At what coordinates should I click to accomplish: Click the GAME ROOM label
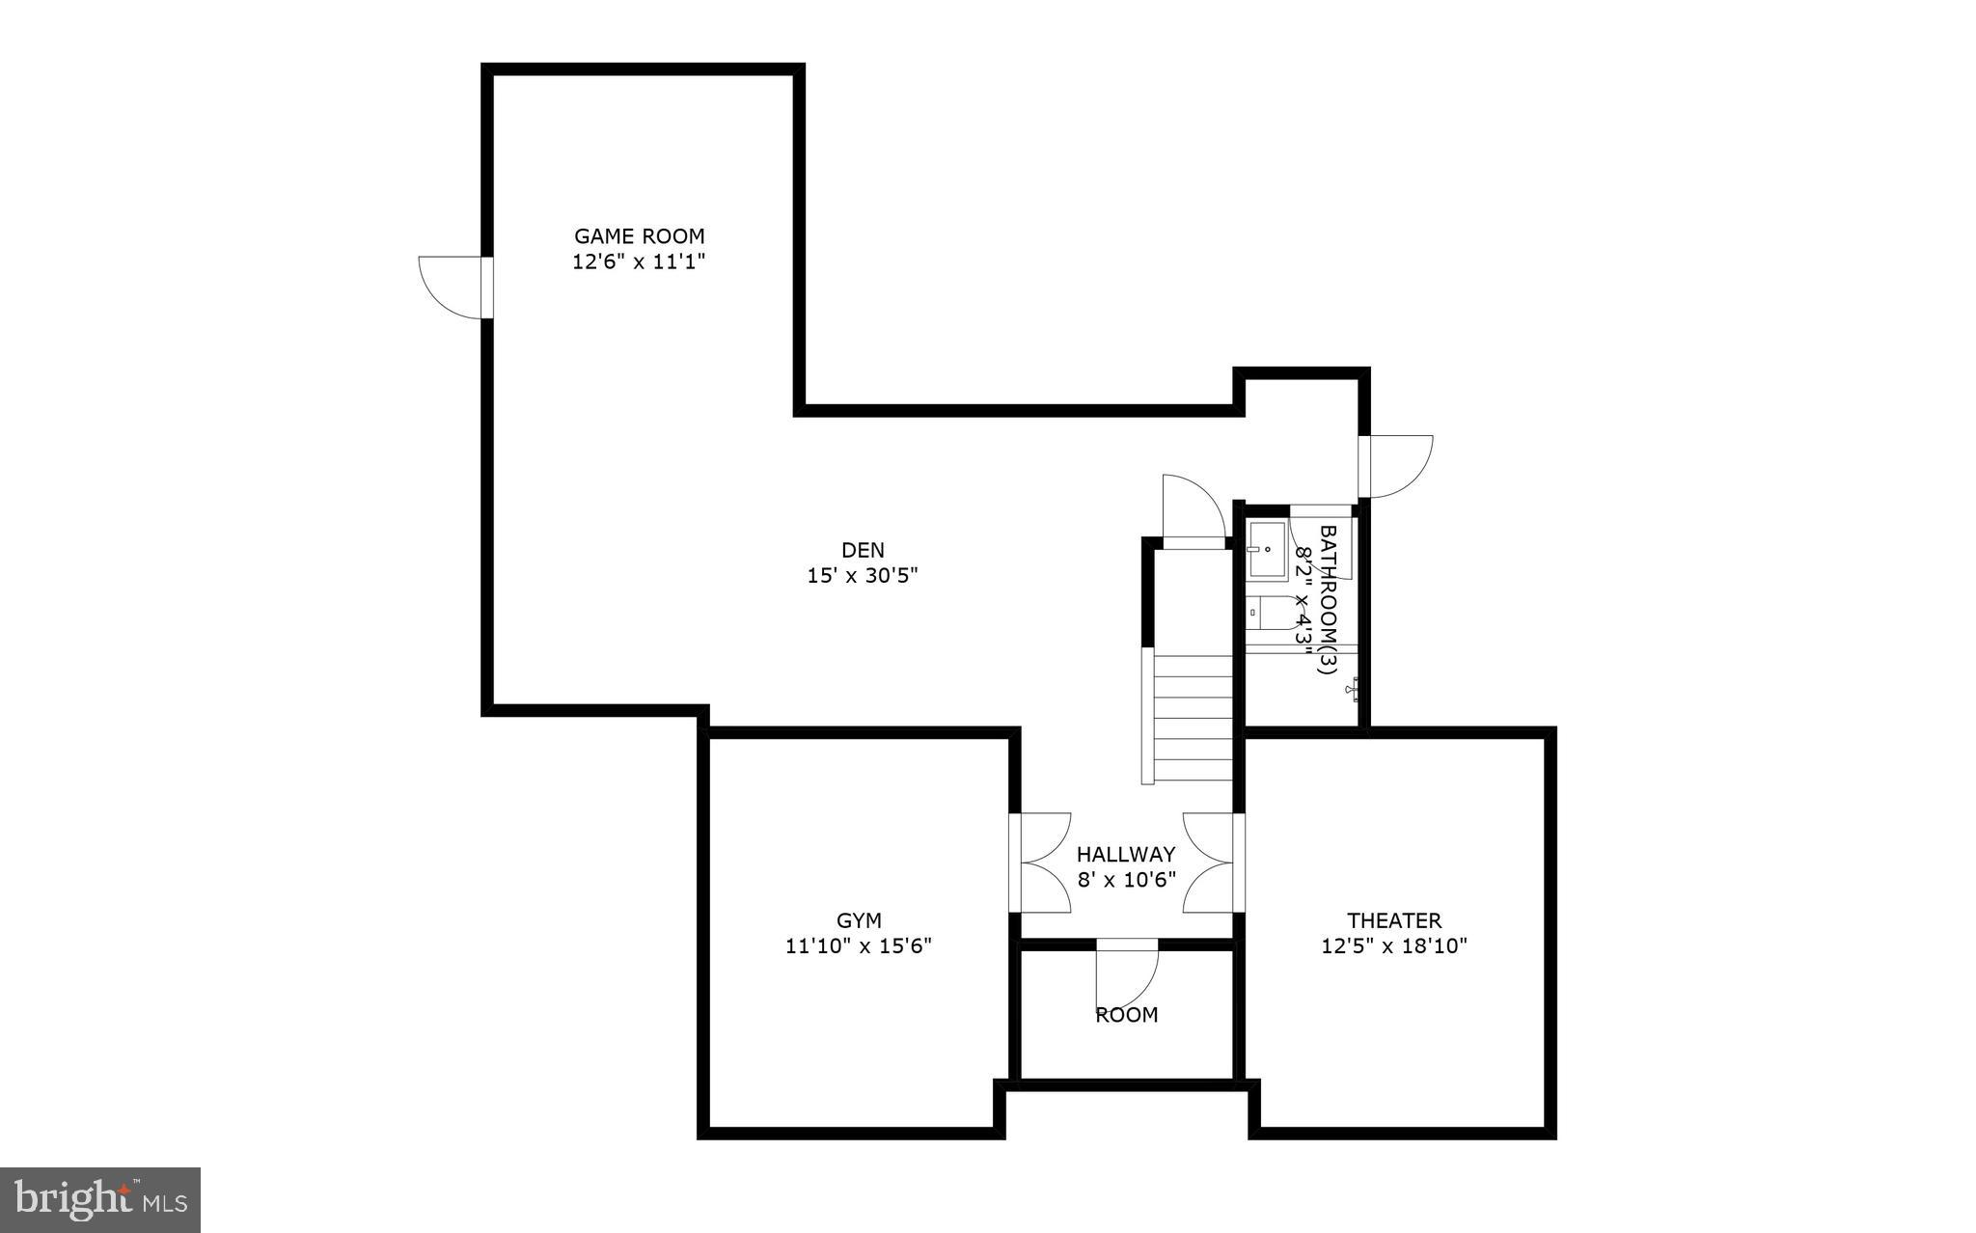(640, 235)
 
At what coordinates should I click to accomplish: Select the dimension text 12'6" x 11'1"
(640, 261)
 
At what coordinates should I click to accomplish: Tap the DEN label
(863, 550)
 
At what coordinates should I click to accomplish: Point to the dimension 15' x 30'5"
(863, 576)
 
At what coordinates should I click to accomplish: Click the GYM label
(859, 920)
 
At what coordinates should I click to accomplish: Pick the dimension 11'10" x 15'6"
(859, 946)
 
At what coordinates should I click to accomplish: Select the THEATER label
(1394, 920)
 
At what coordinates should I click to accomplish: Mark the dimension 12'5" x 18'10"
(1394, 946)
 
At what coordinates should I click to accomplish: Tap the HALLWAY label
(1126, 854)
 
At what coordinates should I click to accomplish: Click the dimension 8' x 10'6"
(1126, 880)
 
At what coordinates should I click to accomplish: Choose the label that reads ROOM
(1126, 1015)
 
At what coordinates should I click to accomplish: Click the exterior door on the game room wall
(453, 287)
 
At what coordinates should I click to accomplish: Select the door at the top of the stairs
(1193, 511)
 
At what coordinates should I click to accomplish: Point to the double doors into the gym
(1040, 863)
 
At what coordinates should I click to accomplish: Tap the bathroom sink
(1266, 550)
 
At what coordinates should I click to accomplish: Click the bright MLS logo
(100, 1199)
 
